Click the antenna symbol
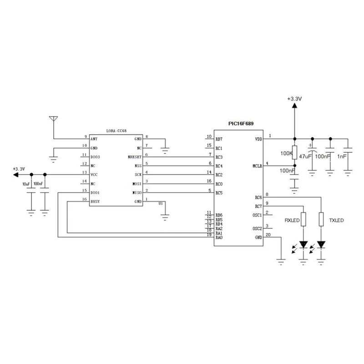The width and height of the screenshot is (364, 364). click(54, 120)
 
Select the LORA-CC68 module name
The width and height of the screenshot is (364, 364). click(116, 131)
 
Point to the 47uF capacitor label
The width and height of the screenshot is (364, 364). click(305, 156)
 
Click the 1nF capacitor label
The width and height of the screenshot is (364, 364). click(342, 156)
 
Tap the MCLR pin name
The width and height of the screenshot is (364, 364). click(257, 166)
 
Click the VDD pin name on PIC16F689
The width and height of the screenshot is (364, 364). click(258, 139)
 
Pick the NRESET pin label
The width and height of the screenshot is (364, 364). click(135, 157)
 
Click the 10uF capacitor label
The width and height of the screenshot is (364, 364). click(26, 184)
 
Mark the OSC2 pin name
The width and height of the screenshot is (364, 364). click(257, 228)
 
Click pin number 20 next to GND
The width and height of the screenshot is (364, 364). click(268, 235)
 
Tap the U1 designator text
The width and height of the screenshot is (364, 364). click(160, 204)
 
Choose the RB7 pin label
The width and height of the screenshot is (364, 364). click(219, 139)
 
